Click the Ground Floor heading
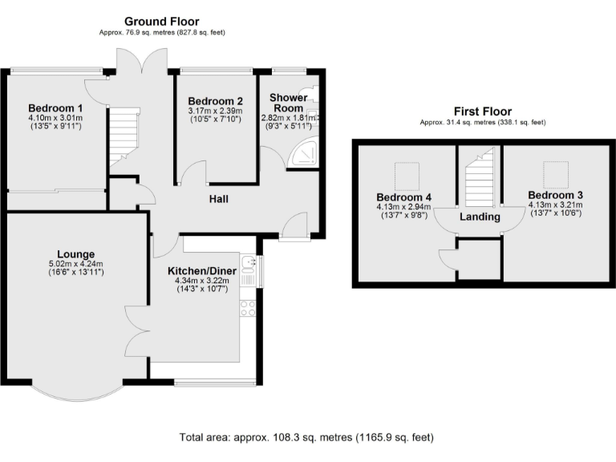(162, 21)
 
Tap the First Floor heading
(483, 111)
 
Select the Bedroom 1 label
(55, 107)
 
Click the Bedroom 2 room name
(215, 101)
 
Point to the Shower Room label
(289, 103)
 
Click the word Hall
(218, 199)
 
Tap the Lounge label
(76, 254)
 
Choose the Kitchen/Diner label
(202, 270)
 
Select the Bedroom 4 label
(404, 197)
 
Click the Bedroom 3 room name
(556, 195)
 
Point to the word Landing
(480, 217)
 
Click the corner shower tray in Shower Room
(303, 152)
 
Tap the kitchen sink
(249, 264)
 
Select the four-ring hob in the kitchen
(248, 308)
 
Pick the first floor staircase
(480, 176)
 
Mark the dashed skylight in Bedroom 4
(407, 176)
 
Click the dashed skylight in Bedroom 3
(556, 175)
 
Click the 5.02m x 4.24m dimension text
(76, 264)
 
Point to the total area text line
(306, 437)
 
